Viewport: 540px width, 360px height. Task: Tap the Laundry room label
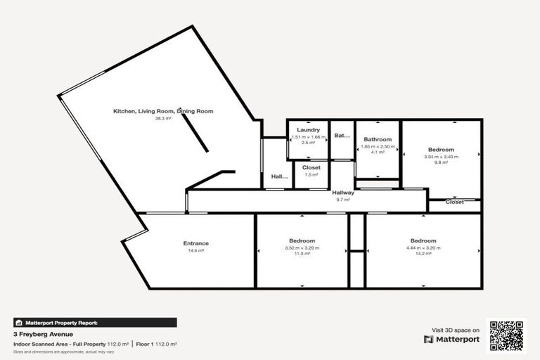point(308,130)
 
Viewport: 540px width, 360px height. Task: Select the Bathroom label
point(378,139)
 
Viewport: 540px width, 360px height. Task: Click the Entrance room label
point(195,243)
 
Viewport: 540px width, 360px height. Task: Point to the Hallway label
point(343,193)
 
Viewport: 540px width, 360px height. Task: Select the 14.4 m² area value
point(195,250)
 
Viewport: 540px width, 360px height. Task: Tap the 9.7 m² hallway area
point(343,200)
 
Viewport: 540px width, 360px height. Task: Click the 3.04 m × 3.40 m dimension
point(441,157)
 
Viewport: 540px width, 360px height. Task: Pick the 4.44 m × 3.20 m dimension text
point(423,247)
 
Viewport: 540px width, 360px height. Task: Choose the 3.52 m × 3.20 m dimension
point(302,247)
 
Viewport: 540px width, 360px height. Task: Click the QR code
point(508,336)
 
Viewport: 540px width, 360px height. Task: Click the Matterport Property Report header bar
point(95,323)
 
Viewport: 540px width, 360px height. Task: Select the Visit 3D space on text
point(455,330)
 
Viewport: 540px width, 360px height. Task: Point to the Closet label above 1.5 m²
point(311,167)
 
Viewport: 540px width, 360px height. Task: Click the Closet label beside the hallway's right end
point(455,202)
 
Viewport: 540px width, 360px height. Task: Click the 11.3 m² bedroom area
point(302,254)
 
